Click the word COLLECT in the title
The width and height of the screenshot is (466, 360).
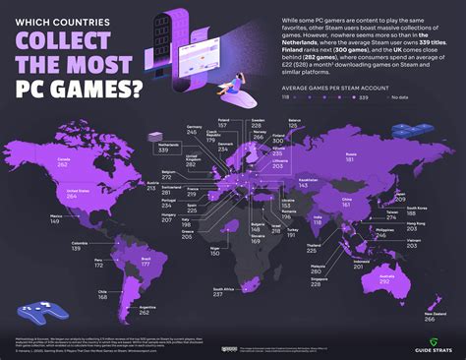78,47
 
